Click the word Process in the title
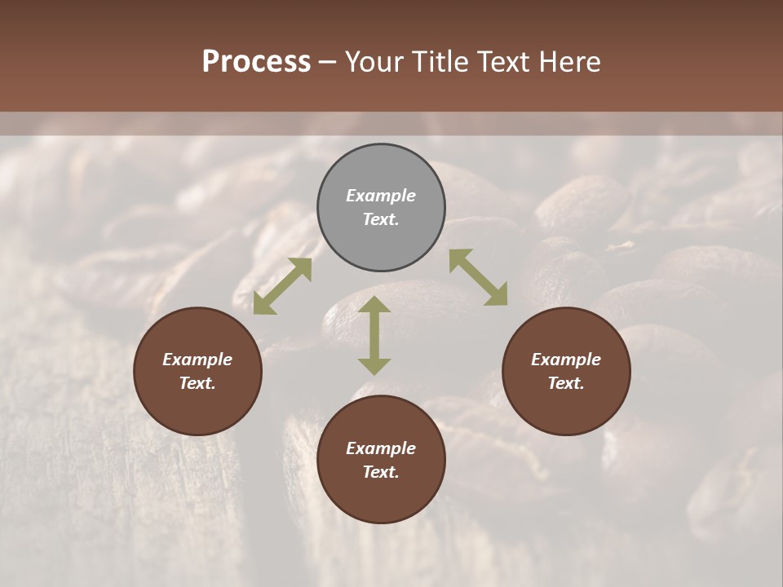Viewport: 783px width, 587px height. point(256,62)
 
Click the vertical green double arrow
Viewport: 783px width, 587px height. point(374,335)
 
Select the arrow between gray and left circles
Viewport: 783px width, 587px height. point(282,286)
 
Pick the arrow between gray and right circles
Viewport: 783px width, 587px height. point(479,277)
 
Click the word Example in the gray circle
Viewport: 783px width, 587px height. point(381,196)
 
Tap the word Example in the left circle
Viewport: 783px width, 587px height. point(197,360)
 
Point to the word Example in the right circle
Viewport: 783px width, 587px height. point(566,360)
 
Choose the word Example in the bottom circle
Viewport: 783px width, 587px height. point(381,448)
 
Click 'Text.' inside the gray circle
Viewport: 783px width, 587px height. point(381,219)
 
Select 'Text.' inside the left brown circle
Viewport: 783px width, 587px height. point(197,383)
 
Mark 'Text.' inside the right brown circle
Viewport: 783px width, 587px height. point(566,383)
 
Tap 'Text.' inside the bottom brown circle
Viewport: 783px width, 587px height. point(381,472)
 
